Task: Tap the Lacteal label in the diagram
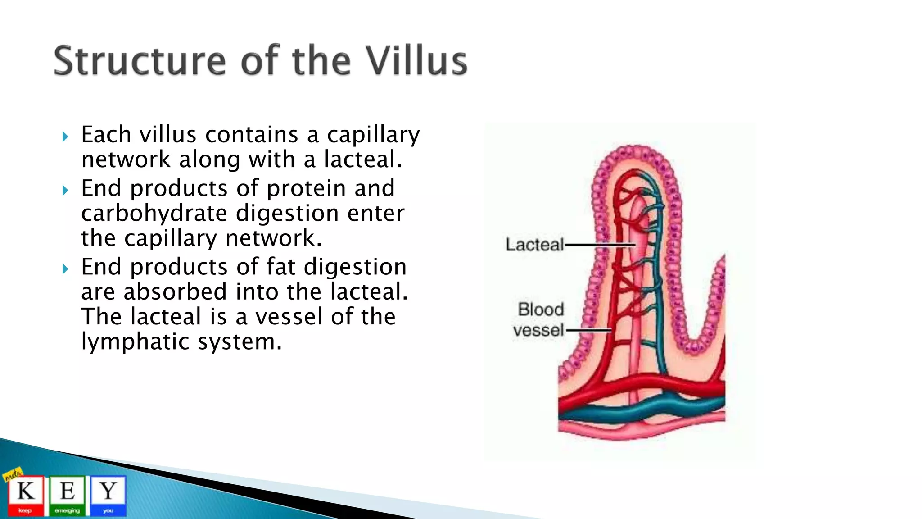point(534,245)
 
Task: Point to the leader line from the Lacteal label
point(599,245)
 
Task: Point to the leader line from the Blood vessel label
point(588,330)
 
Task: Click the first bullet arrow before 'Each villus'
point(65,137)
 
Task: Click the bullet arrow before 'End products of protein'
point(65,190)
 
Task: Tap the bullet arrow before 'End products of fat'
point(65,269)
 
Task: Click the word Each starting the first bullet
point(106,135)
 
